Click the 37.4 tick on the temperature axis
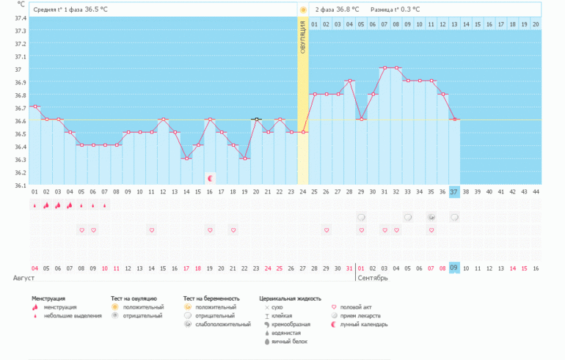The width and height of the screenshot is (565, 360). [x=21, y=18]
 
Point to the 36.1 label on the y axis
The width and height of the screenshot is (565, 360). [x=21, y=185]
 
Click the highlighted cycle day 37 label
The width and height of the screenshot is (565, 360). [x=453, y=191]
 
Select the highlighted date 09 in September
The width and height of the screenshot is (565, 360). [x=453, y=268]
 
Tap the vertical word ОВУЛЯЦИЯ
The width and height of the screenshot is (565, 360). [x=302, y=37]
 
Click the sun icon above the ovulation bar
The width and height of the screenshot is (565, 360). [x=302, y=10]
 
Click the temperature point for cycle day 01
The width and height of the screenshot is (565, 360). [x=34, y=107]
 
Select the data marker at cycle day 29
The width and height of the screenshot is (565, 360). [x=360, y=120]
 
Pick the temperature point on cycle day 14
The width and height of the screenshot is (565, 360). [x=186, y=158]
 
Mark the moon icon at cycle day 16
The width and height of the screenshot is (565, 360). [x=210, y=177]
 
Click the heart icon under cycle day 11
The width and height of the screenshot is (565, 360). [x=152, y=230]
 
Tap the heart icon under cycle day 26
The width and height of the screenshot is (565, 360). [x=326, y=230]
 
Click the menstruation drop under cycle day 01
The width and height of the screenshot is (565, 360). [x=34, y=206]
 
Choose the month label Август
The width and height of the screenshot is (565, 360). [x=23, y=279]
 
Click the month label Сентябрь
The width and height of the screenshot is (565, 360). [x=372, y=279]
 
